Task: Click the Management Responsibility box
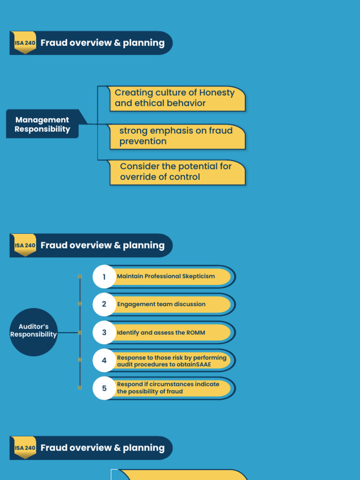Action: click(x=42, y=124)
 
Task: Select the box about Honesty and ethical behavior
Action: click(x=177, y=98)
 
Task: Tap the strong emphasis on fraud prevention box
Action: click(x=177, y=136)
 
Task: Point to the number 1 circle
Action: click(x=104, y=277)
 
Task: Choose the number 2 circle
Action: click(x=104, y=304)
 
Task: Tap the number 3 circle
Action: click(x=104, y=332)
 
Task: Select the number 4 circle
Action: click(x=104, y=360)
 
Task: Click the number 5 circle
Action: click(x=104, y=388)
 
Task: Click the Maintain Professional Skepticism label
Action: click(x=166, y=277)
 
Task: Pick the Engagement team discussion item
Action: click(x=161, y=304)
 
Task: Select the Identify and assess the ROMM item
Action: click(x=161, y=332)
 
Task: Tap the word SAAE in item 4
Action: click(x=203, y=364)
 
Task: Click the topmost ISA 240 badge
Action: click(x=25, y=43)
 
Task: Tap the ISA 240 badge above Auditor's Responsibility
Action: click(x=25, y=245)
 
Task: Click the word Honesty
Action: click(x=217, y=93)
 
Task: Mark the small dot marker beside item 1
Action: click(x=80, y=277)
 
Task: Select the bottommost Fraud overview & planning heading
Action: click(x=102, y=448)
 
